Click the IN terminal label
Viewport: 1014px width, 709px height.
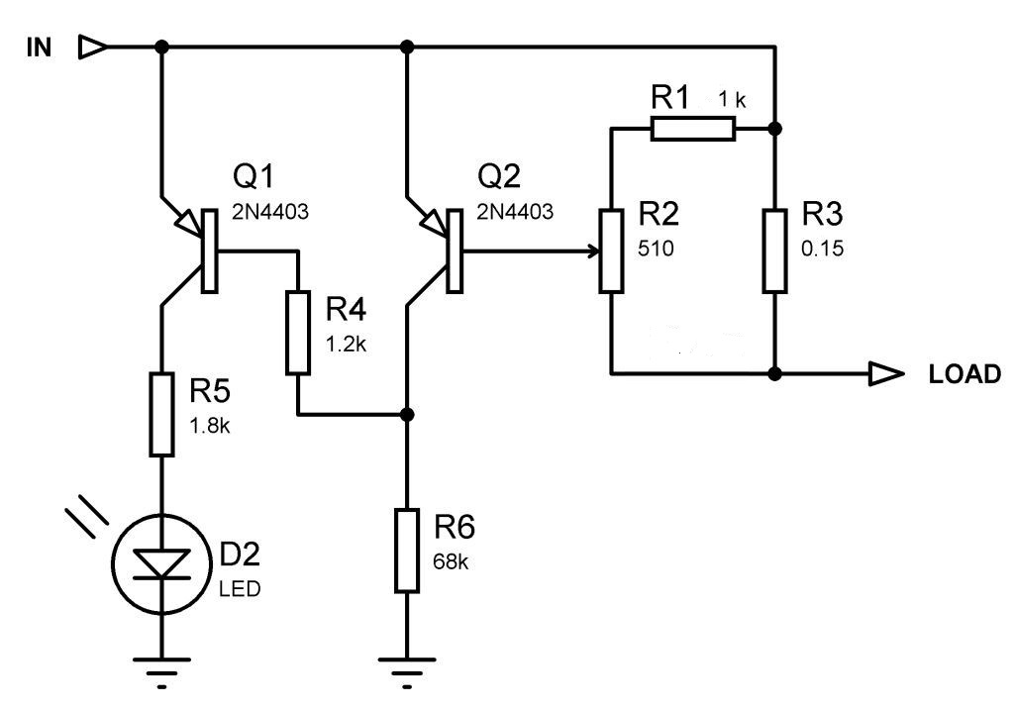39,48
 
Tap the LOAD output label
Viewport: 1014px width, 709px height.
964,374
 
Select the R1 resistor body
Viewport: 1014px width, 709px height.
693,128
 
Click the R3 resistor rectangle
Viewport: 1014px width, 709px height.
775,251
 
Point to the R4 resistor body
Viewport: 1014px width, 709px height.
298,332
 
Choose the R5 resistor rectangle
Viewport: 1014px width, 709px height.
161,414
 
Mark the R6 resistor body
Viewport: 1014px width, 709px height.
406,551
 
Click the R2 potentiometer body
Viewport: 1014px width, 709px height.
613,251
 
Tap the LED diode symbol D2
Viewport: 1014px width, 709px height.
161,562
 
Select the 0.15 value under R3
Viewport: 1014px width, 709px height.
823,250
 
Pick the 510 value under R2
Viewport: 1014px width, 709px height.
656,250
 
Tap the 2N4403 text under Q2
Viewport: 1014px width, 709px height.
517,211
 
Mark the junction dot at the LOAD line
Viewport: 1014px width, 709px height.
775,374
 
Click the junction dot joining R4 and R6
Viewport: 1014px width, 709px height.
406,413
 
